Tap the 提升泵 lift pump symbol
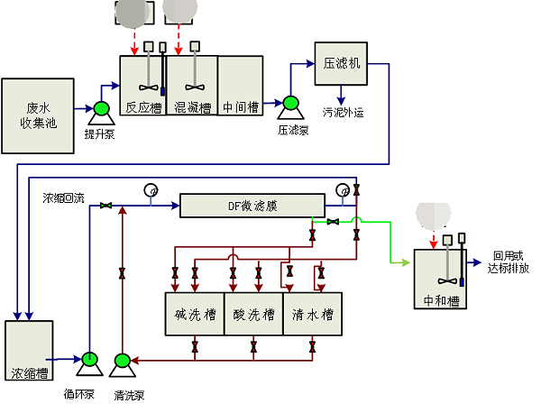[99, 113]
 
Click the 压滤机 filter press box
[341, 63]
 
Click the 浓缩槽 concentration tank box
[29, 355]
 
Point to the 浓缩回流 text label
[63, 197]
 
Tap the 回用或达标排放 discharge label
[509, 262]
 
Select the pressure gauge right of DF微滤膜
[343, 190]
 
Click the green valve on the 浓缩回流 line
[106, 206]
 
